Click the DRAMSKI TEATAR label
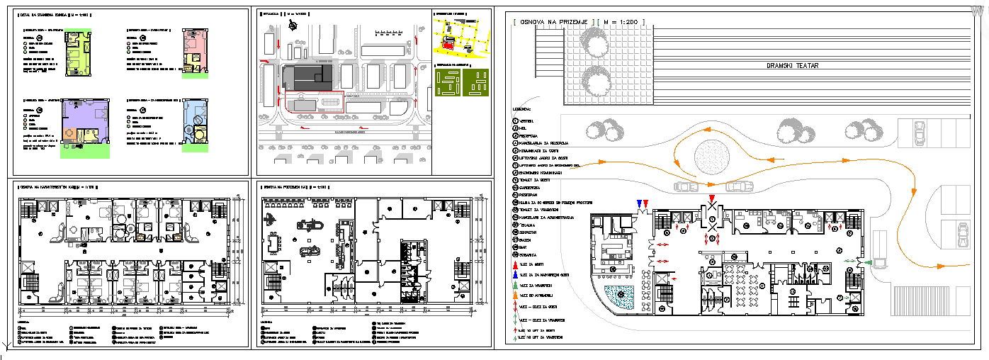792,66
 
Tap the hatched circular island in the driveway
713,154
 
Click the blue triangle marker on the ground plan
639,204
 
